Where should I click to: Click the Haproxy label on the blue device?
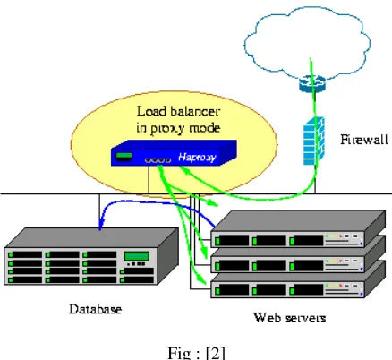tap(197, 157)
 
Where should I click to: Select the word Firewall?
tap(364, 140)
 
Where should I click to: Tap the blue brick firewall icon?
tap(313, 141)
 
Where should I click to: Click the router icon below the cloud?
tap(312, 83)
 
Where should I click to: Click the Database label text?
tap(96, 309)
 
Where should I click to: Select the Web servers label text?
tap(289, 318)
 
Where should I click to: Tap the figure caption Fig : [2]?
tap(196, 353)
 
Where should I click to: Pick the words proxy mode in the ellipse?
tap(185, 128)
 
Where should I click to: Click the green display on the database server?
tap(137, 256)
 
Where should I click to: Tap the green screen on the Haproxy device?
tap(124, 156)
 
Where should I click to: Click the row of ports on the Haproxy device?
tap(158, 160)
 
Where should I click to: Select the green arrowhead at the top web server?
tap(214, 203)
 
